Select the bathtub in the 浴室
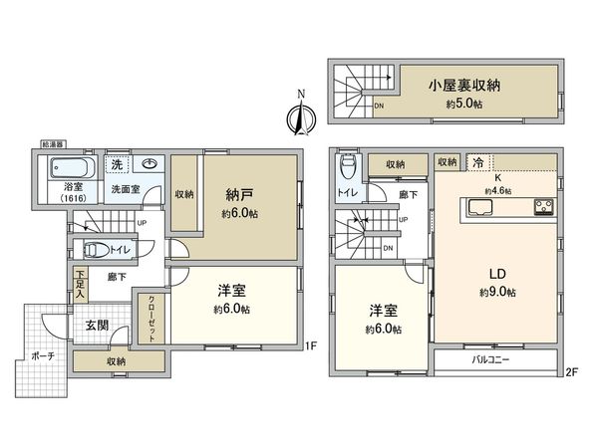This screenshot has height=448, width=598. pos(71,166)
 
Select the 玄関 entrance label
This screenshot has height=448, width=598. pos(97,326)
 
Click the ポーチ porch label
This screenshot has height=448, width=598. pos(42,354)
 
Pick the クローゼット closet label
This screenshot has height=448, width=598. pos(152,320)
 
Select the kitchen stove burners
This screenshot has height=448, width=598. pos(544,208)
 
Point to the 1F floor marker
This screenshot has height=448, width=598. pos(310,347)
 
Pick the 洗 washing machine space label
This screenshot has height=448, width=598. pos(116,163)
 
